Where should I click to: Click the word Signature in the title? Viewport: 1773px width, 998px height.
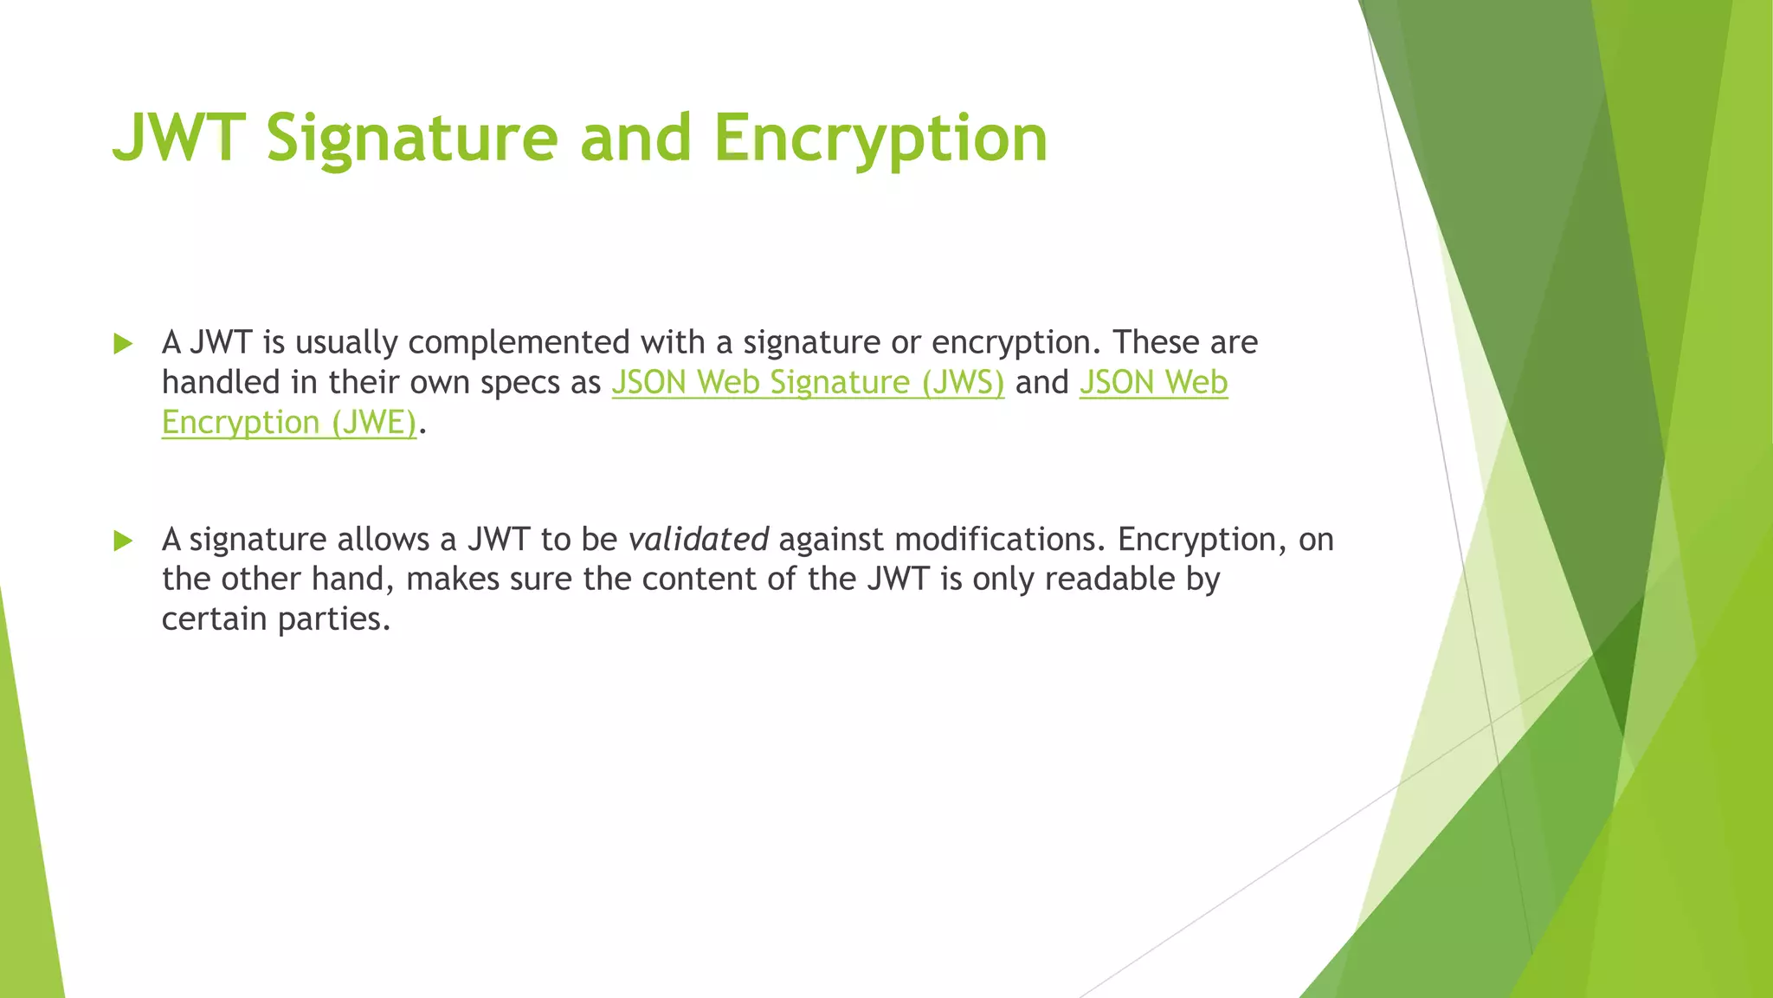click(x=412, y=139)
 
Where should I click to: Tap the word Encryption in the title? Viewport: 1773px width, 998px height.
click(x=880, y=139)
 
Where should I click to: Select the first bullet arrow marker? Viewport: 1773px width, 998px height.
click(x=123, y=344)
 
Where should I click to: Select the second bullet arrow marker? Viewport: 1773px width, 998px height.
click(x=123, y=541)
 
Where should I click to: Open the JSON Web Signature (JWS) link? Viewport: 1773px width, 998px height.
click(x=807, y=383)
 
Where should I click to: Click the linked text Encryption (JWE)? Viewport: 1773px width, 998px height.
click(x=288, y=423)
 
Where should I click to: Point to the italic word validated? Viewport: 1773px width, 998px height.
click(x=698, y=540)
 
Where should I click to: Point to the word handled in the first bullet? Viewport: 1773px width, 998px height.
click(x=221, y=383)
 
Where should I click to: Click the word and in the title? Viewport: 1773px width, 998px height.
click(x=635, y=139)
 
